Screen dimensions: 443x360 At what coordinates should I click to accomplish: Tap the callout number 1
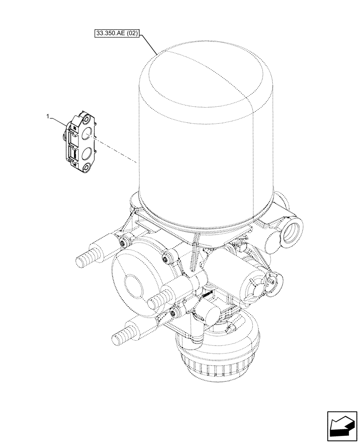pyautogui.click(x=47, y=116)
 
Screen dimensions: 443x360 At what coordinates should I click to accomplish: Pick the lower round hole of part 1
pyautogui.click(x=87, y=153)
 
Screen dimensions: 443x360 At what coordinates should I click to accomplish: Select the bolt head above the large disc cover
pyautogui.click(x=168, y=256)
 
